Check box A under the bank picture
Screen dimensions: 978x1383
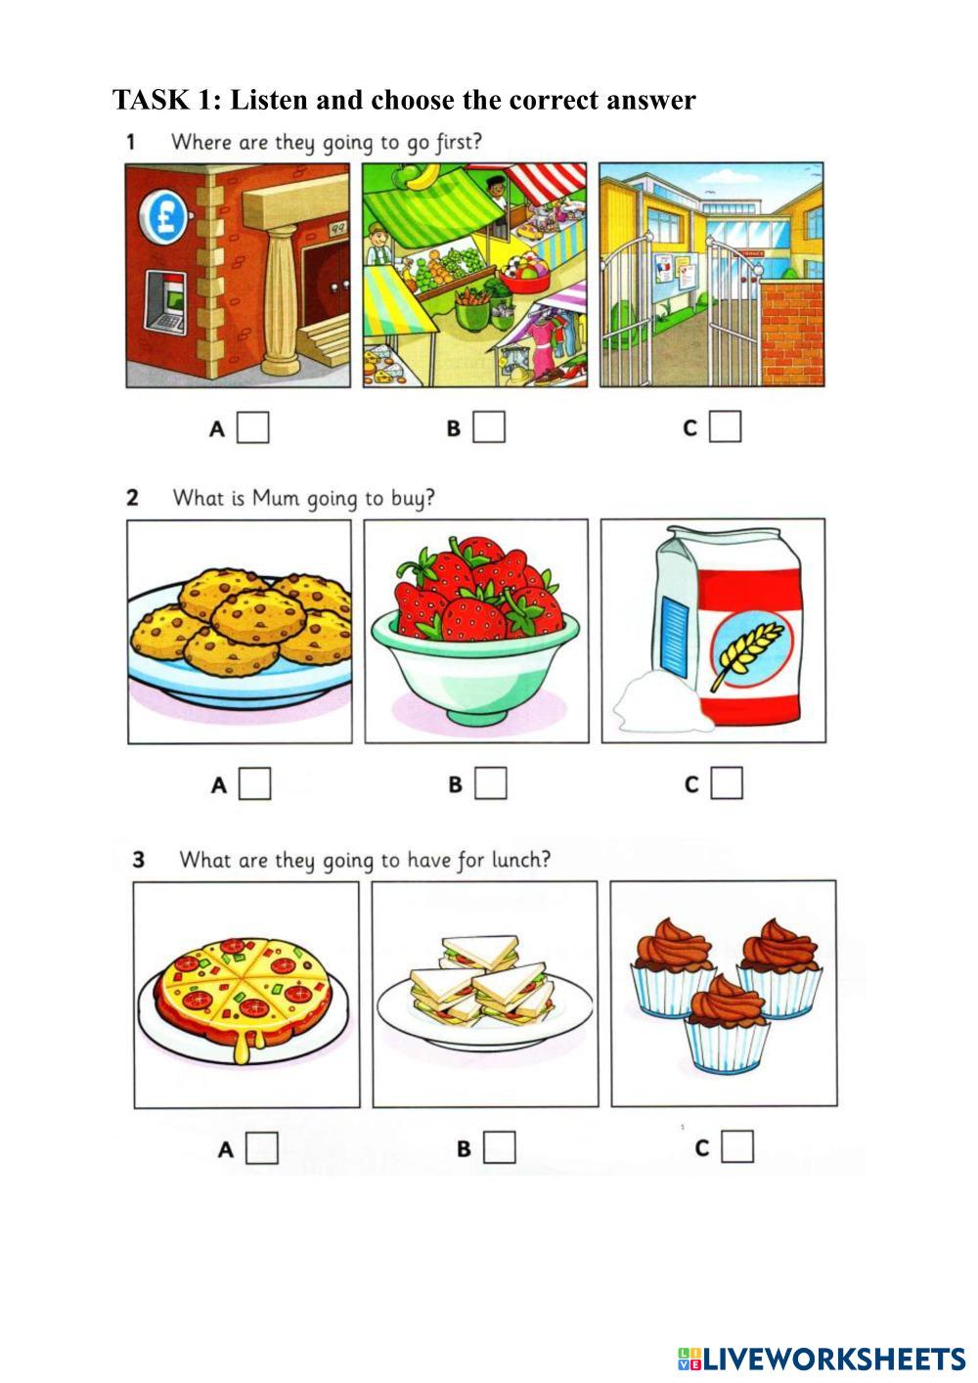[x=253, y=427]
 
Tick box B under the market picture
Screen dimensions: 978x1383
[x=489, y=427]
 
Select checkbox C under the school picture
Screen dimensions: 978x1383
[x=726, y=426]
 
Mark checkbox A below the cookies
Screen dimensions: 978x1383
[x=255, y=783]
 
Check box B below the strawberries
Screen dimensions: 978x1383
[x=491, y=783]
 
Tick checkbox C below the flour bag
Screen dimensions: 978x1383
[x=727, y=782]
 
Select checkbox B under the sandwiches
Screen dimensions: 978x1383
[x=500, y=1147]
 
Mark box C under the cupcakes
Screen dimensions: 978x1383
[x=737, y=1146]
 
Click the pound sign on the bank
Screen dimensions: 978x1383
[x=163, y=217]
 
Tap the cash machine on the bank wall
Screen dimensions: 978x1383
[x=165, y=304]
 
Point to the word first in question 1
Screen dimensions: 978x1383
[x=458, y=142]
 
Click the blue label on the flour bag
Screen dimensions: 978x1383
[x=676, y=636]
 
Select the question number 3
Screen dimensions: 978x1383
[x=138, y=860]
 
